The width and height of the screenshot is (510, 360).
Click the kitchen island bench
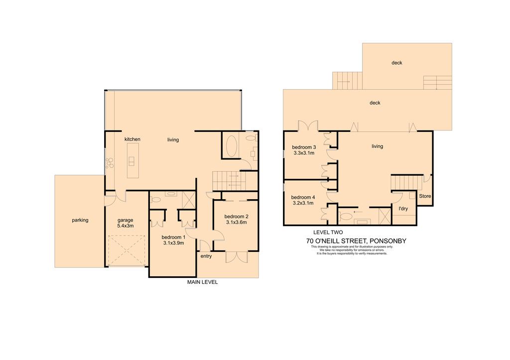coord(132,161)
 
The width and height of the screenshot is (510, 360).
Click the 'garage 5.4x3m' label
coord(126,223)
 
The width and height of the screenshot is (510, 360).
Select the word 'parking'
coord(80,220)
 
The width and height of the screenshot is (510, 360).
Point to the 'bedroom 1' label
coord(173,237)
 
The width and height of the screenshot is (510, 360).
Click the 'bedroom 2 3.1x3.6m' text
coord(237,220)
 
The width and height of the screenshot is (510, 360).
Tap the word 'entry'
coord(206,256)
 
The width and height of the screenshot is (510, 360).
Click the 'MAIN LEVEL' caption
coord(202,282)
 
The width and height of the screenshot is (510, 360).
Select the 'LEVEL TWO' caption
coord(328,232)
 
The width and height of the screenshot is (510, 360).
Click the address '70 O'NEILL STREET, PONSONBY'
coord(356,241)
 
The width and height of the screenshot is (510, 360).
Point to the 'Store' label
coord(425,196)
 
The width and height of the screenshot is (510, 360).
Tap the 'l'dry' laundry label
coord(403,209)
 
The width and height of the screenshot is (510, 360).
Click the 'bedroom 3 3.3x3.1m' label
coord(304,150)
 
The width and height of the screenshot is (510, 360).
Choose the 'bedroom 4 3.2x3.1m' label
coord(303,200)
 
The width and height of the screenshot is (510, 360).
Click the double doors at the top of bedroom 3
coord(308,126)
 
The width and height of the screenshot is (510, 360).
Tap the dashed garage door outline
coord(126,250)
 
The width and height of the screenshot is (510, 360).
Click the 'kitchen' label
coord(132,139)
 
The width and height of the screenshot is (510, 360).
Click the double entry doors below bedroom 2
coord(237,257)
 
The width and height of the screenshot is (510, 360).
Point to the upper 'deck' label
coord(397,63)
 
